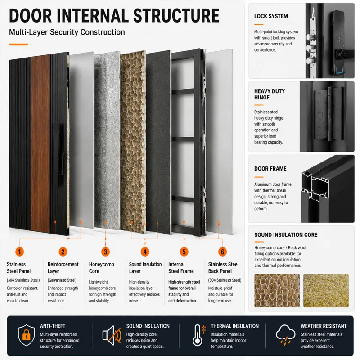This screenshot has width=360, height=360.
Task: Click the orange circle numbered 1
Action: [x=19, y=252]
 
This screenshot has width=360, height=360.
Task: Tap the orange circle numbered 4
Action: [x=145, y=252]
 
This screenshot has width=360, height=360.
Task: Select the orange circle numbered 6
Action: [x=222, y=252]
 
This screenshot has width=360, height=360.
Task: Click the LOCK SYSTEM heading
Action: [x=271, y=16]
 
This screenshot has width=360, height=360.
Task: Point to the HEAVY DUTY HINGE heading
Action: [x=269, y=94]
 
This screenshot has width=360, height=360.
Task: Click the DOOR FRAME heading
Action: [x=270, y=169]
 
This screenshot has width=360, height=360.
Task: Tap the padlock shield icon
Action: [x=27, y=335]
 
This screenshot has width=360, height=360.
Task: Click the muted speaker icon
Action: [x=112, y=335]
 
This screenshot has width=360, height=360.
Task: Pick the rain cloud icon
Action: [x=285, y=335]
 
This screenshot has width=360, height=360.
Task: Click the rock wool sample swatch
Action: [x=326, y=290]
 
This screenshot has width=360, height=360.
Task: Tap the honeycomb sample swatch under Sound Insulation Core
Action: [x=277, y=290]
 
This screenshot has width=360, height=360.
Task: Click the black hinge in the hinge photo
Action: [x=330, y=114]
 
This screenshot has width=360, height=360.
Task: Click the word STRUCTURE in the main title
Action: [x=176, y=16]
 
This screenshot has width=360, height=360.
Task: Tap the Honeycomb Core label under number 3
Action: [x=102, y=268]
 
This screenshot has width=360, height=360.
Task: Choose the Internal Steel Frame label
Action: [x=181, y=268]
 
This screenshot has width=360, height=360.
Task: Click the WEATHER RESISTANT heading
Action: [x=324, y=326]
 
